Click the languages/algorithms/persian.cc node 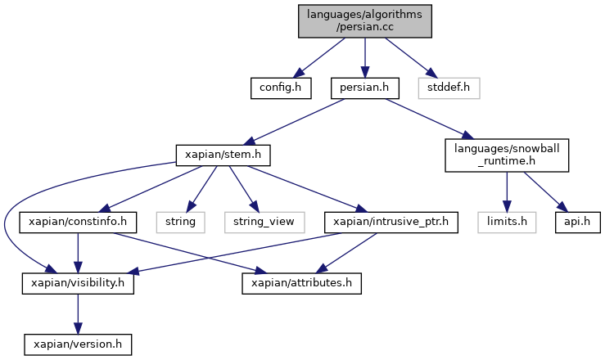pyautogui.click(x=364, y=21)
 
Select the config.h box pyautogui.click(x=281, y=88)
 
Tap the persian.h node pyautogui.click(x=364, y=88)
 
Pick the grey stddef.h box pyautogui.click(x=449, y=88)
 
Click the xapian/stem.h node pyautogui.click(x=223, y=155)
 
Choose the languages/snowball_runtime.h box pyautogui.click(x=507, y=155)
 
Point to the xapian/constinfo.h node pyautogui.click(x=78, y=223)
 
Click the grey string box pyautogui.click(x=181, y=223)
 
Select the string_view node pyautogui.click(x=264, y=223)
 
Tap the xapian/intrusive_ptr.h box pyautogui.click(x=391, y=223)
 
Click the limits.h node pyautogui.click(x=507, y=223)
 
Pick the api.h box pyautogui.click(x=578, y=223)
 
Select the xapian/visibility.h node pyautogui.click(x=78, y=284)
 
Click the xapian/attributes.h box pyautogui.click(x=302, y=284)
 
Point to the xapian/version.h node pyautogui.click(x=78, y=344)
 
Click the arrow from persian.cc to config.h pyautogui.click(x=318, y=58)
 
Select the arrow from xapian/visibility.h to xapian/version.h pyautogui.click(x=78, y=314)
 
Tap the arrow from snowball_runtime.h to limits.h pyautogui.click(x=507, y=192)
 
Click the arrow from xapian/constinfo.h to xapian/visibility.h pyautogui.click(x=78, y=253)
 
